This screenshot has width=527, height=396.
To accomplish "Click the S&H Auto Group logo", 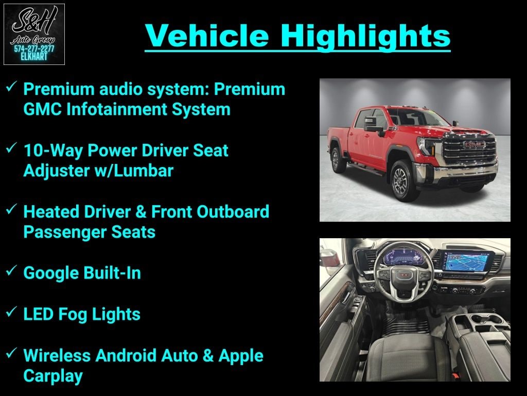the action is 34,34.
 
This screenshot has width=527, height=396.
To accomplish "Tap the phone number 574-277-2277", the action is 34,49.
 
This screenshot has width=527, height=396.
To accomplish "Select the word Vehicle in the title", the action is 207,36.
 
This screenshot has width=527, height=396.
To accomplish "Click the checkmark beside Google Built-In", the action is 11,270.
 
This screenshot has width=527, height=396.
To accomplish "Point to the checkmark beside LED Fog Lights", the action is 11,311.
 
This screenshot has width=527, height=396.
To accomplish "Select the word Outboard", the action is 233,212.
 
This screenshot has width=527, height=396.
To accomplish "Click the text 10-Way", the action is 53,151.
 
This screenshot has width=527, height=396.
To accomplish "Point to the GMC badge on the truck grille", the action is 474,145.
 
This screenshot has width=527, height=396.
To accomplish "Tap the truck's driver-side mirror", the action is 372,124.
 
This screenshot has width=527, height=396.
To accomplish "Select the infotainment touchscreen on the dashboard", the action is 466,261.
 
